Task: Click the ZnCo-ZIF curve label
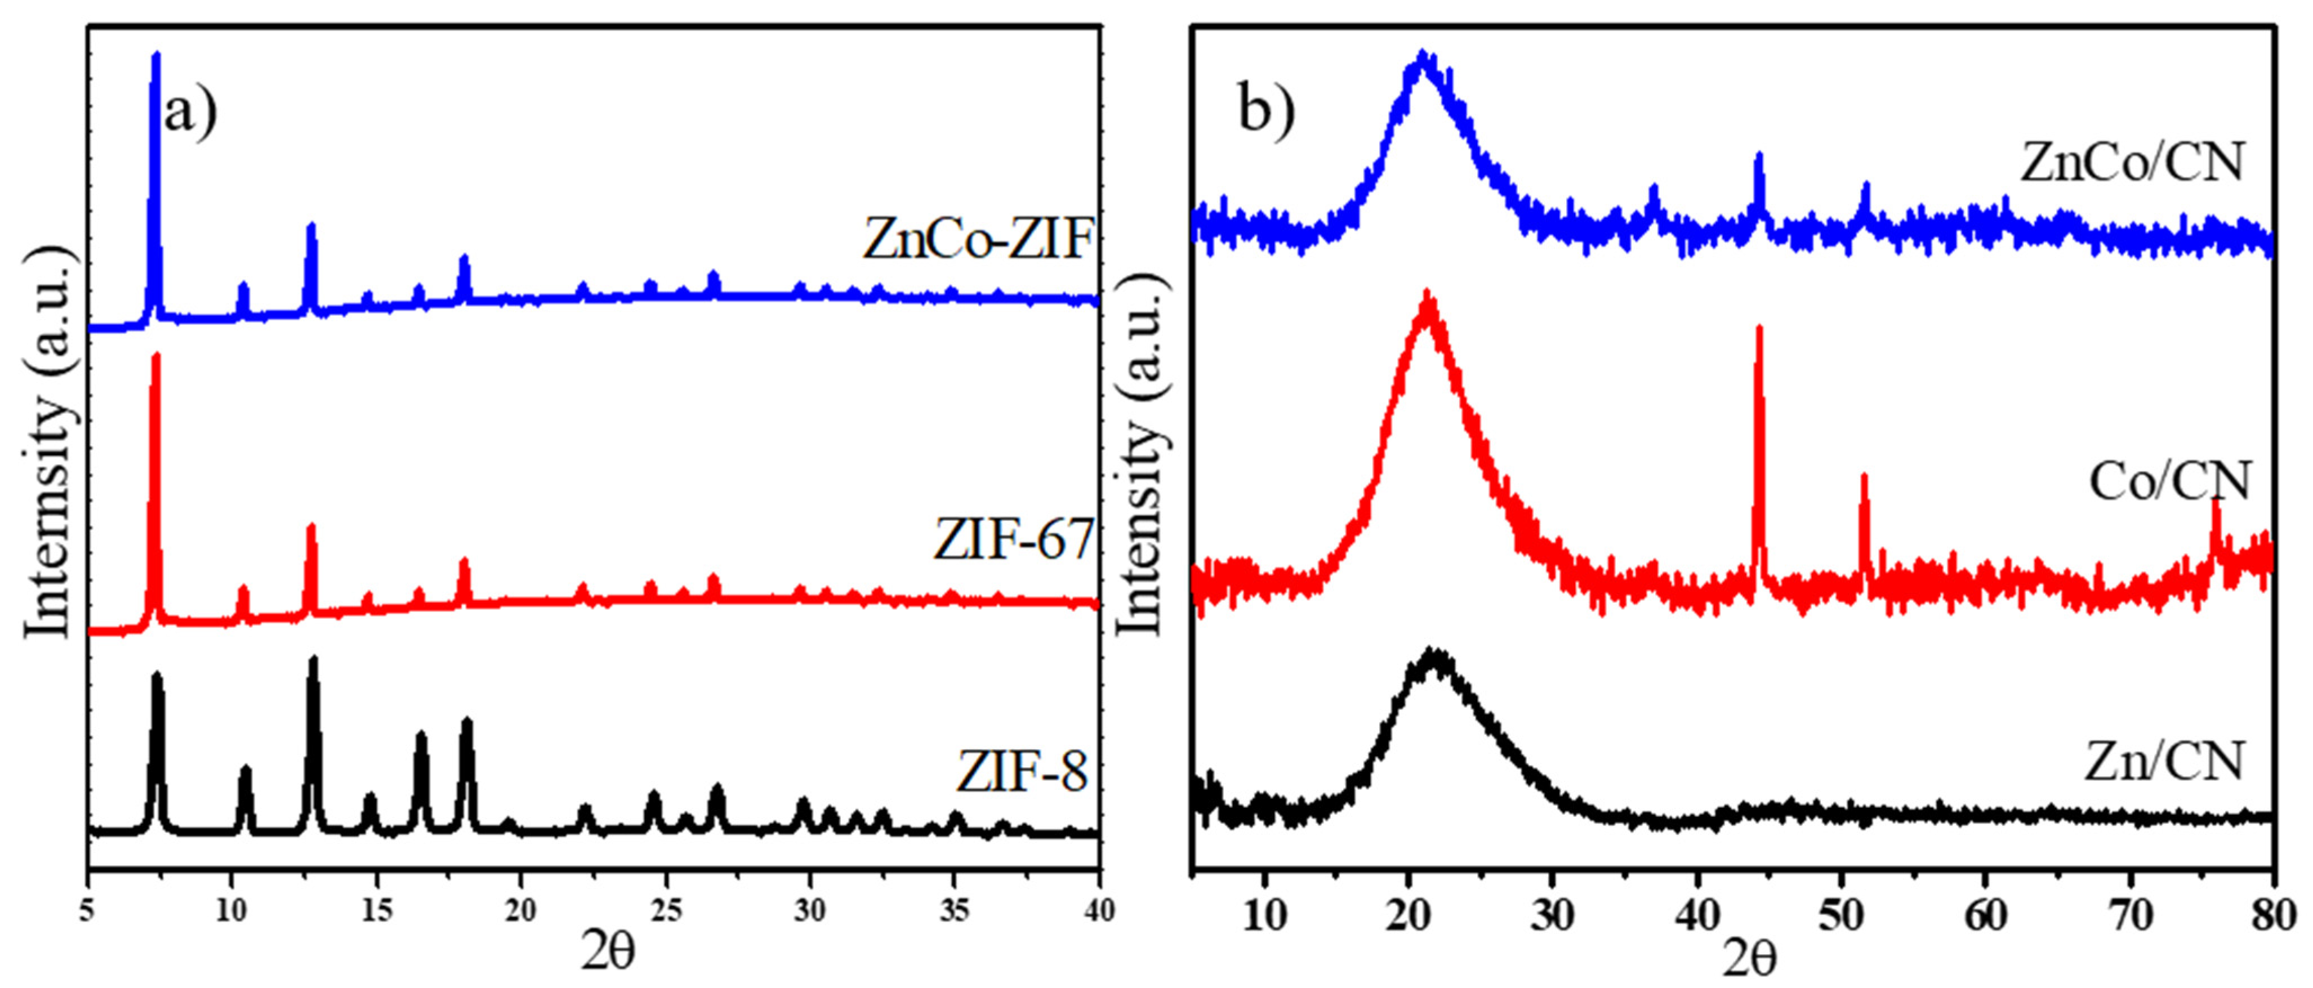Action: [977, 240]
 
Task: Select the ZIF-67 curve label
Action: [1012, 540]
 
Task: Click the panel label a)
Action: [189, 113]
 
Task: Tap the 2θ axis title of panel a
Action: [607, 951]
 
